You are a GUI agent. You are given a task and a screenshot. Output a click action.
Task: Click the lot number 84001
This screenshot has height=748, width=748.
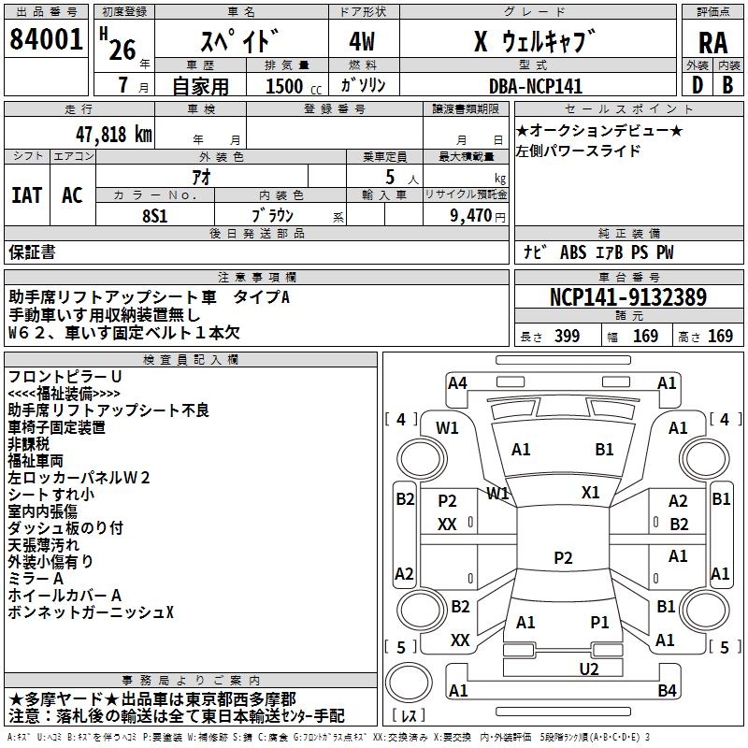(47, 41)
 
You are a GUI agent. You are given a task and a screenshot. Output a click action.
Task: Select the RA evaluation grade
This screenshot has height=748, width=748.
(712, 43)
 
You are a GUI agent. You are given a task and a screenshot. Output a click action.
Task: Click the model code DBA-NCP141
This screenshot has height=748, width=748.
(535, 86)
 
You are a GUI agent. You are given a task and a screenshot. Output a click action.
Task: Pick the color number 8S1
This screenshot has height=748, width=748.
(155, 214)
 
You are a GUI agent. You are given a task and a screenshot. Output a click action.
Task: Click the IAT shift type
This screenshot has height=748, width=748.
(26, 195)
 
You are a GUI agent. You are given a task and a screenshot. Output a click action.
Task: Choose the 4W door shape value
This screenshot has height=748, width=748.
(364, 43)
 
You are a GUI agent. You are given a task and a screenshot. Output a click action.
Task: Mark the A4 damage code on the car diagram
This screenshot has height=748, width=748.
(457, 382)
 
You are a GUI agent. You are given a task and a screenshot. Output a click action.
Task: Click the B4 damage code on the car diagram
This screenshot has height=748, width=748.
(667, 691)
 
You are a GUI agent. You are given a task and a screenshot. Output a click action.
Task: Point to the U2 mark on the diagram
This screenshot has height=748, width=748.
(588, 669)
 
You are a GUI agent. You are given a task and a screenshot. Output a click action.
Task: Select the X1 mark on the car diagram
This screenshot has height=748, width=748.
(590, 492)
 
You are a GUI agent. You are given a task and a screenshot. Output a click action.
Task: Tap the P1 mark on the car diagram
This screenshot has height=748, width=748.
(599, 622)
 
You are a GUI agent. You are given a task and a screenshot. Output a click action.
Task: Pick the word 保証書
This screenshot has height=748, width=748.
(32, 252)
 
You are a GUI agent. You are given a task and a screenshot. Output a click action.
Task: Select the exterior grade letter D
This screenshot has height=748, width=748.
(697, 85)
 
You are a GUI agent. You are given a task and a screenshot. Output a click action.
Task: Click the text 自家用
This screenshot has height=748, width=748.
(200, 86)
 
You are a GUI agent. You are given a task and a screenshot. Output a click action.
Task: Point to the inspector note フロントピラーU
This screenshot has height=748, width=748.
(65, 376)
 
